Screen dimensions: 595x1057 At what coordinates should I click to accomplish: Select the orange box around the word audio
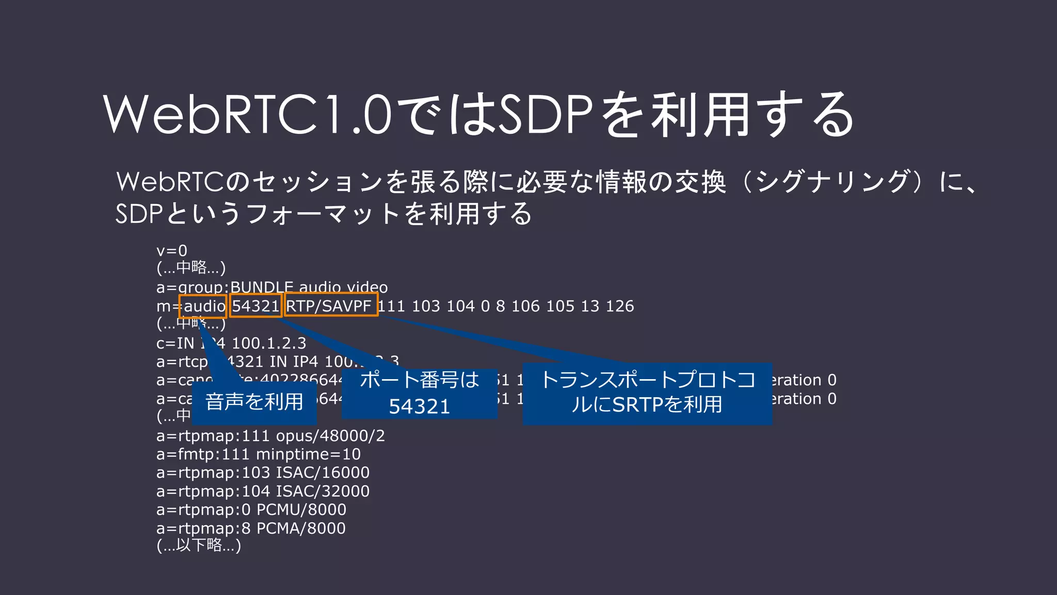[203, 306]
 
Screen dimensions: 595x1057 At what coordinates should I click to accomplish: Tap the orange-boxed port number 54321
[255, 306]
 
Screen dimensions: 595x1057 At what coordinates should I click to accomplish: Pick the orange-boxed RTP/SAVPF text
[331, 306]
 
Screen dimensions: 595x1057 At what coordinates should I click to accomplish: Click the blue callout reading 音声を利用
[254, 402]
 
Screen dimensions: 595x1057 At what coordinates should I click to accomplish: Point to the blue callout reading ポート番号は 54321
[420, 394]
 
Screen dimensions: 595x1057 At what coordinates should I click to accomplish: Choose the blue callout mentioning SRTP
[647, 394]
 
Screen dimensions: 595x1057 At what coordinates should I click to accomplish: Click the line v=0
[172, 251]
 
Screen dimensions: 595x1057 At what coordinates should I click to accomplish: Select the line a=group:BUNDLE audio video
[272, 287]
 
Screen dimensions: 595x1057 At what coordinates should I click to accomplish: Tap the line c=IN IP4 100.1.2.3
[231, 343]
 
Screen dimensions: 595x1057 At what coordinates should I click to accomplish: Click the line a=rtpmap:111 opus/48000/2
[270, 436]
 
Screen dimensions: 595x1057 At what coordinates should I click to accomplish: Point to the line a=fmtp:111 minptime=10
[259, 455]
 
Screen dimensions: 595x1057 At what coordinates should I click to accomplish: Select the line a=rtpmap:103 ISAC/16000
[263, 473]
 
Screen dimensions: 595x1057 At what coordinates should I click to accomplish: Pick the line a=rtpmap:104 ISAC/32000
[263, 491]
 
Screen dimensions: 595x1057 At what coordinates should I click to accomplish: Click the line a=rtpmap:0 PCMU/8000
[251, 510]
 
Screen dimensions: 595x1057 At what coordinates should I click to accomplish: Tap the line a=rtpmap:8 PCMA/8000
[251, 528]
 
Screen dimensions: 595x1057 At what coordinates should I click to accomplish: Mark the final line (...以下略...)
[199, 545]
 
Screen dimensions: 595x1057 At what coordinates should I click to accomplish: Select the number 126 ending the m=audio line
[620, 306]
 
